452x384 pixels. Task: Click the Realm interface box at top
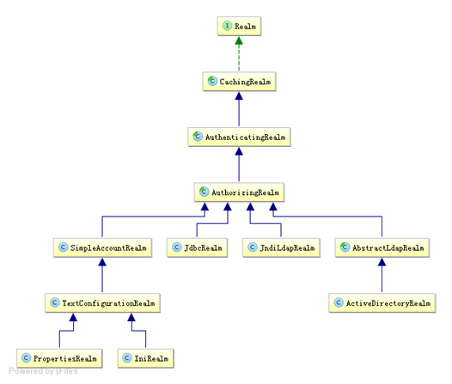pos(238,27)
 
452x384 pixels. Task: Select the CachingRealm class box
pos(238,82)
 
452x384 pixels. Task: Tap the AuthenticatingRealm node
pos(238,137)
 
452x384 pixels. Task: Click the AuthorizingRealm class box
pos(238,192)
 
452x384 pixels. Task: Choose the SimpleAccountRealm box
pos(102,248)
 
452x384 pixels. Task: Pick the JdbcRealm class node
pos(196,248)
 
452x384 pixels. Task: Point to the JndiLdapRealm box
pos(279,248)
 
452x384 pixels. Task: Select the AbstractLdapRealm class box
pos(381,248)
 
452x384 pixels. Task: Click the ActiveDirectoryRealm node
pos(381,303)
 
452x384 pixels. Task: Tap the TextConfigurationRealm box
pos(102,303)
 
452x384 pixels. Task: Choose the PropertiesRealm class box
pos(58,357)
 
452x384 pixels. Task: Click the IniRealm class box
pos(145,357)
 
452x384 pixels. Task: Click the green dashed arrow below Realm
pos(238,54)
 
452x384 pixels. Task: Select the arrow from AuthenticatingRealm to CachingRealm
pos(238,109)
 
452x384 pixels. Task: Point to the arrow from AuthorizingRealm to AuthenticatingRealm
pos(238,164)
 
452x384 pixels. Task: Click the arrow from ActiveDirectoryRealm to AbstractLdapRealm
pos(381,276)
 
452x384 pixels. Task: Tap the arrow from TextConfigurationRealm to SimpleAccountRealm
pos(102,276)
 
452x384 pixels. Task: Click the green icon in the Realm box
pos(227,27)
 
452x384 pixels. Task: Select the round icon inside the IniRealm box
pos(125,357)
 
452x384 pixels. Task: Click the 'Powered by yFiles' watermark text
pos(43,371)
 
